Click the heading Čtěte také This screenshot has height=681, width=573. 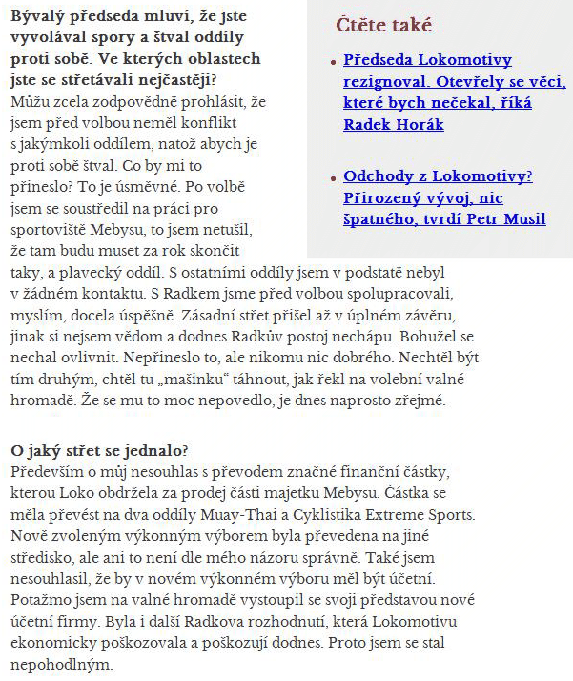383,25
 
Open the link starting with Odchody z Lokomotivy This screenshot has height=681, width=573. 439,175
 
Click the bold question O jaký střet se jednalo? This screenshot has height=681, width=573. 100,449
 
